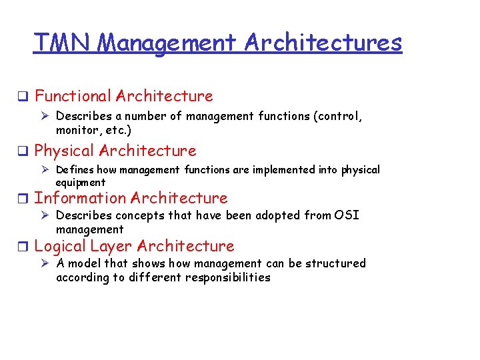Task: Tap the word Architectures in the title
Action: tap(323, 43)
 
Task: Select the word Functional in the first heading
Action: tap(73, 96)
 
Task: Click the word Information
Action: tap(80, 198)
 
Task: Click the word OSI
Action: tap(346, 215)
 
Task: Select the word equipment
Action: tap(80, 182)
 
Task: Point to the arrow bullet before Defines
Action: tap(45, 170)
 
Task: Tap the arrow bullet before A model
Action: tap(45, 263)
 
